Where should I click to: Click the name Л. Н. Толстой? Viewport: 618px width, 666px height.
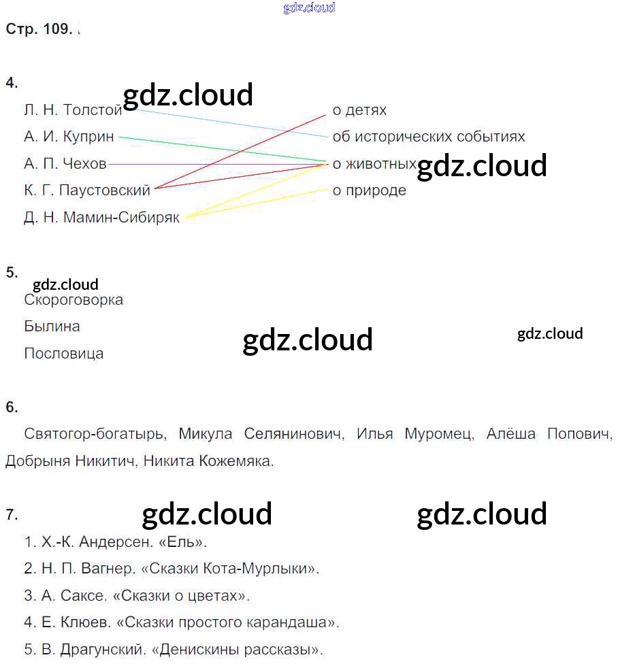click(73, 110)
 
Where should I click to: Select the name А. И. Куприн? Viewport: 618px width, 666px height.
click(69, 137)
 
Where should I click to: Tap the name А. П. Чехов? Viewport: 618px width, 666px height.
click(65, 164)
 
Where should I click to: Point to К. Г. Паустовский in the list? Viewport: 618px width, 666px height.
click(86, 190)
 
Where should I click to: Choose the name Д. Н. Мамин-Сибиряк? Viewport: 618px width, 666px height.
click(101, 218)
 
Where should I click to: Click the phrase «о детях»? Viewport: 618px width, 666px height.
click(359, 110)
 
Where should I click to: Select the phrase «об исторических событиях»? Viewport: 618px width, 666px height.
click(429, 137)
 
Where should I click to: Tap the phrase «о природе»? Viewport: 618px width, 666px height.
click(369, 190)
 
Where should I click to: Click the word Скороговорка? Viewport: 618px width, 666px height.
click(74, 300)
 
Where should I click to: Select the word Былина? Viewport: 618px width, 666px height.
click(52, 327)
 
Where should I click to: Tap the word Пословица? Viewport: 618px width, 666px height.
click(64, 354)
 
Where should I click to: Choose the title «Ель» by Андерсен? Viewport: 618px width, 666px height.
click(187, 542)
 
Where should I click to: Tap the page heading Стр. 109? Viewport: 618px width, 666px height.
click(38, 29)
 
